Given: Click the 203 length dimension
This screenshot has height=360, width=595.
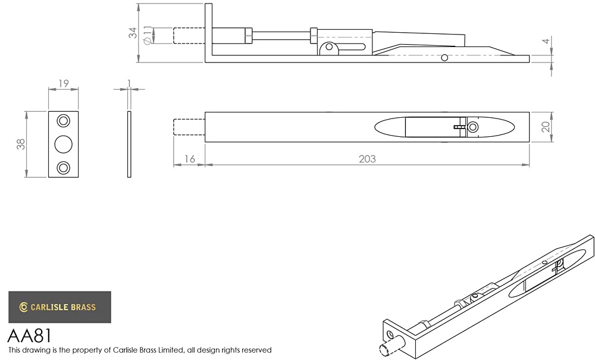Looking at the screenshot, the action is click(367, 159).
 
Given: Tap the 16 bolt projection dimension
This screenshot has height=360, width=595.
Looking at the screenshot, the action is click(189, 159).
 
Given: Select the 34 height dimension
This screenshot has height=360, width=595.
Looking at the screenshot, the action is click(133, 33).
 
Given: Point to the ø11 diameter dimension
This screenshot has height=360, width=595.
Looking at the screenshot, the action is click(148, 35).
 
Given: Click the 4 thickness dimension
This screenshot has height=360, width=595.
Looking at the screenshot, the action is click(546, 40).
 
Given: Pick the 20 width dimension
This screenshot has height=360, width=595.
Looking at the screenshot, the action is click(546, 127).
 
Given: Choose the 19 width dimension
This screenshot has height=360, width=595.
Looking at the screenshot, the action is click(64, 83).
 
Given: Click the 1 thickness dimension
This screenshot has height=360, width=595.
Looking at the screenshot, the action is click(129, 83).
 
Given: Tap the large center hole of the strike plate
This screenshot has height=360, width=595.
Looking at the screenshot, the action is click(64, 144).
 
